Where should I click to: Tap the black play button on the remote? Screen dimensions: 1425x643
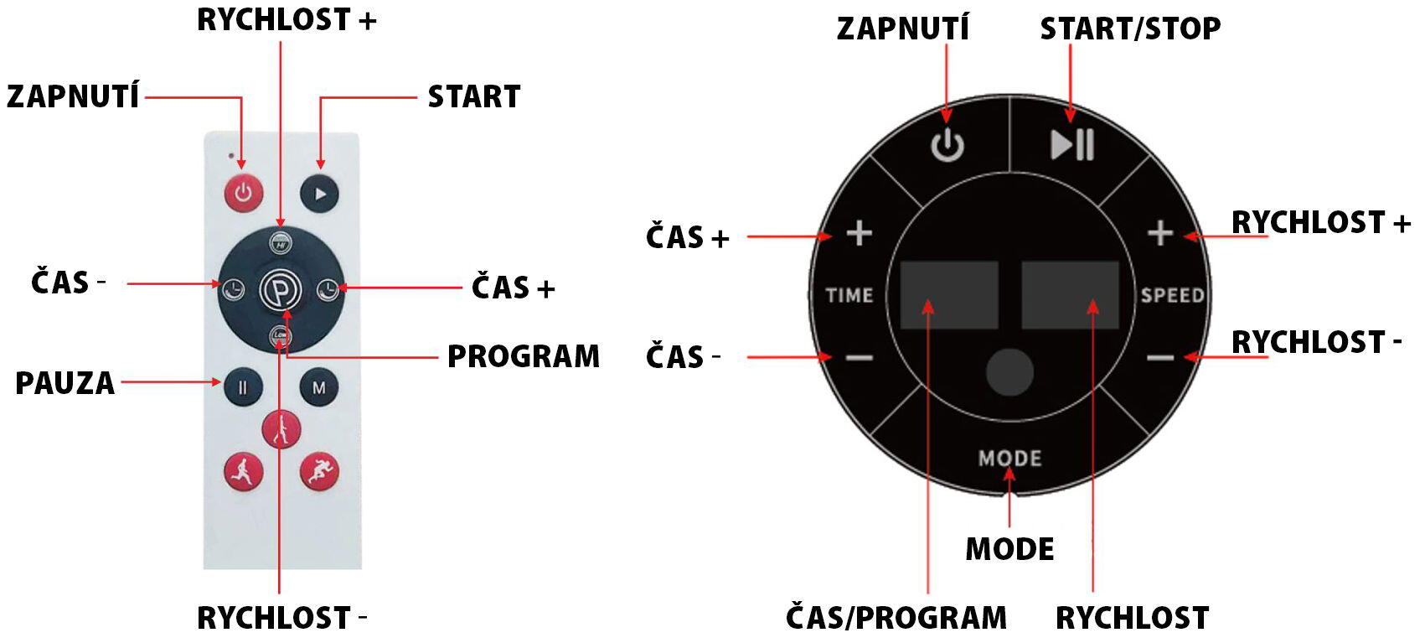(319, 194)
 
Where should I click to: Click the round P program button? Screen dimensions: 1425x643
(281, 290)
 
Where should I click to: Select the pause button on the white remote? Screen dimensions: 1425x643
(243, 387)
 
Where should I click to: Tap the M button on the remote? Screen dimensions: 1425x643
(319, 387)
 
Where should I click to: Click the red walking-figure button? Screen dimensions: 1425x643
(281, 430)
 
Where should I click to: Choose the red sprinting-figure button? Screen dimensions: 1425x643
(319, 472)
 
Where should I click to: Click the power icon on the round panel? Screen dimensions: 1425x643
(947, 145)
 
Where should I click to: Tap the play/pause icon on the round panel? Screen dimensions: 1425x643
(1072, 144)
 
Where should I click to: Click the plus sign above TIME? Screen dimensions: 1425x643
(860, 233)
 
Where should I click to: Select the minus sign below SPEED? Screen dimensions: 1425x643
(1160, 358)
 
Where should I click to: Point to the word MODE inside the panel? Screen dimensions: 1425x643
(1009, 459)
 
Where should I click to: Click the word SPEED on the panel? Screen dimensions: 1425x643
(1173, 295)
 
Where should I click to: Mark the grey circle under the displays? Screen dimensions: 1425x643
(1009, 371)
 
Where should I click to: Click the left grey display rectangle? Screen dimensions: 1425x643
(949, 295)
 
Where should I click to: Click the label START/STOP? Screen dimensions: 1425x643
(1130, 29)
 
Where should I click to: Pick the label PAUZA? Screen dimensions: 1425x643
(65, 383)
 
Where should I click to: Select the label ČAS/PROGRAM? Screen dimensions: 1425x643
(896, 618)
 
